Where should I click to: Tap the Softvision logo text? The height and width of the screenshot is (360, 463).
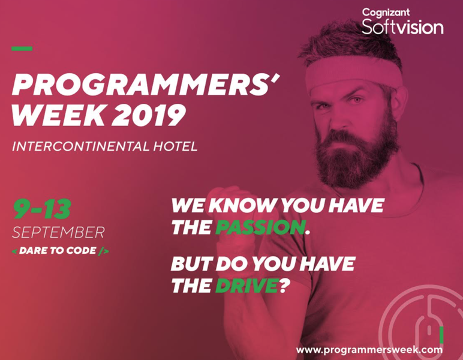[402, 26]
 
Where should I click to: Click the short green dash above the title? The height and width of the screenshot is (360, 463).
[22, 49]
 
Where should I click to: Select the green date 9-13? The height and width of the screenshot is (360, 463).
[42, 209]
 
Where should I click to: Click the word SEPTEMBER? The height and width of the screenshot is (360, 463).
[58, 232]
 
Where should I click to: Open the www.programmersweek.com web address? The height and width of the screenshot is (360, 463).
[369, 349]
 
